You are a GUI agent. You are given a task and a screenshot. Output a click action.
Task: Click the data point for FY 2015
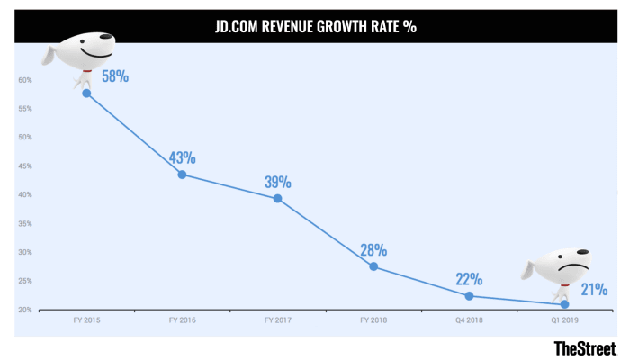86,93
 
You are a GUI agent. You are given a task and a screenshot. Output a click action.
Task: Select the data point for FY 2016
182,175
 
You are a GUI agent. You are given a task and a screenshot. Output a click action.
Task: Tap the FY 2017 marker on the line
277,198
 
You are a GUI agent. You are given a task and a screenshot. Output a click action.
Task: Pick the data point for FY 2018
373,266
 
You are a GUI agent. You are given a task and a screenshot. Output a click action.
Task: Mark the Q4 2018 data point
469,295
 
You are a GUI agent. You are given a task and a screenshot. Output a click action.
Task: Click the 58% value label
115,76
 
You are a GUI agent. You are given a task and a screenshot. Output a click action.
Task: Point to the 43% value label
182,157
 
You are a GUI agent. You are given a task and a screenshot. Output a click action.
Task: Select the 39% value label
277,181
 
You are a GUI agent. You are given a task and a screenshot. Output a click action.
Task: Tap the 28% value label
373,249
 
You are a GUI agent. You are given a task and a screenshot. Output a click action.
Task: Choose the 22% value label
469,279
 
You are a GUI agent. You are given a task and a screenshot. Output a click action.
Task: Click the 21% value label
593,289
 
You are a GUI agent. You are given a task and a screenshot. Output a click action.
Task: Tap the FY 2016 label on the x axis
182,319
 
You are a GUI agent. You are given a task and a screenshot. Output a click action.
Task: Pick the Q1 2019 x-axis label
564,319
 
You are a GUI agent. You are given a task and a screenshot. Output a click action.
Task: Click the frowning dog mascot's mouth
573,268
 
